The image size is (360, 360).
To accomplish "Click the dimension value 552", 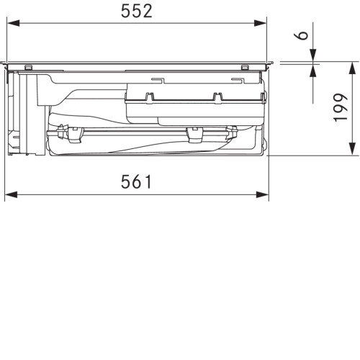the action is pyautogui.click(x=137, y=11).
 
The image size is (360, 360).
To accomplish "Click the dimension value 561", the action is pyautogui.click(x=136, y=181).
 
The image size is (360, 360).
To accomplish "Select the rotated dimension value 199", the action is pyautogui.click(x=341, y=107).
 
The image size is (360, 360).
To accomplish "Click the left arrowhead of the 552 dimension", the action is pyautogui.click(x=13, y=23).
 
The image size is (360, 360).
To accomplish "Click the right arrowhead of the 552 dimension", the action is pyautogui.click(x=260, y=23).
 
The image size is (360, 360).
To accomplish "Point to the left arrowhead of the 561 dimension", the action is pyautogui.click(x=11, y=194).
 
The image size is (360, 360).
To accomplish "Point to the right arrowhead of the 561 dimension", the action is pyautogui.click(x=262, y=194).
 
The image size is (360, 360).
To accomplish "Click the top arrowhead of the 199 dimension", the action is pyautogui.click(x=352, y=68).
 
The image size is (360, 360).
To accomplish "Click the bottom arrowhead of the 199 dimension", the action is pyautogui.click(x=352, y=149).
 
